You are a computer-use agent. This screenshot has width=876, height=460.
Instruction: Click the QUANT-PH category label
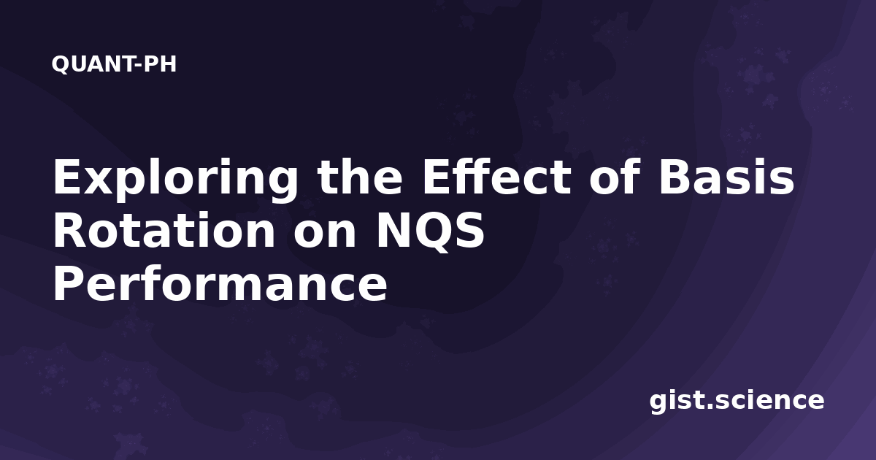pos(114,64)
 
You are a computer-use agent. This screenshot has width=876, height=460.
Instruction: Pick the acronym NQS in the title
pos(430,231)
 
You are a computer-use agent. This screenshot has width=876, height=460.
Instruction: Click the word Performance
pos(220,285)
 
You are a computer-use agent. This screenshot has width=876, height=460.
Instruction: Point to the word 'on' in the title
pos(325,235)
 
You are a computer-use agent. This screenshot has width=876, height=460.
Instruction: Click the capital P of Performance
pos(68,284)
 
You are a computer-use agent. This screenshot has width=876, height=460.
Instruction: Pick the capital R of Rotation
pos(69,231)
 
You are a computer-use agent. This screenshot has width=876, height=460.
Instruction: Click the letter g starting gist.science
pos(659,402)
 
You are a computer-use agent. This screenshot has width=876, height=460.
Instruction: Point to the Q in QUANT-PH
pos(61,64)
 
